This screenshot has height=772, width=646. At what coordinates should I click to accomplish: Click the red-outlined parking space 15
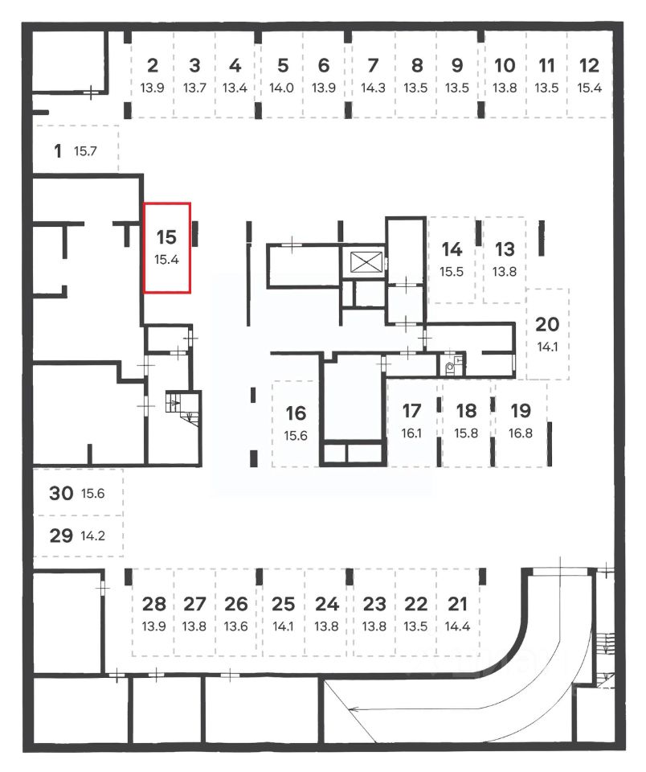pos(167,248)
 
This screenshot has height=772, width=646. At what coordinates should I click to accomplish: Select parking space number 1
pos(75,150)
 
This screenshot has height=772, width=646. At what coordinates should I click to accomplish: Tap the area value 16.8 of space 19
pos(521,433)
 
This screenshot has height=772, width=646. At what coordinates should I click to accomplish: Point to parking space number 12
pos(589,75)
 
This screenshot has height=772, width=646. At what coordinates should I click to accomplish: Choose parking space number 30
pos(77,493)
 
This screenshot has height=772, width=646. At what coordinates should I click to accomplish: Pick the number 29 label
pos(61,535)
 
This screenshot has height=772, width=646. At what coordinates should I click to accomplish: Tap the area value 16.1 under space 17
pos(411,433)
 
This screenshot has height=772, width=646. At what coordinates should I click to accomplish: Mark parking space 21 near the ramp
pos(457,613)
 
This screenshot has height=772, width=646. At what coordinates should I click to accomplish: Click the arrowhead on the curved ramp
pos(354,708)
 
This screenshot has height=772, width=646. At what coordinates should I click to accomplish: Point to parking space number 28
pos(153,613)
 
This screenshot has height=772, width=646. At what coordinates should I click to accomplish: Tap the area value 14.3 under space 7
pos(372,88)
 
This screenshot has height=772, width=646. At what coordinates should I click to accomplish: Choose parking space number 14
pos(452,258)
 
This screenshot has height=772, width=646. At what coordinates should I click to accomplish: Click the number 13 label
pos(505,248)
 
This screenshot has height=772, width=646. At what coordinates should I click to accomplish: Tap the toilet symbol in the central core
pos(450,372)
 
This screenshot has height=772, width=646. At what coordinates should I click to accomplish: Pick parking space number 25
pos(284,613)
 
